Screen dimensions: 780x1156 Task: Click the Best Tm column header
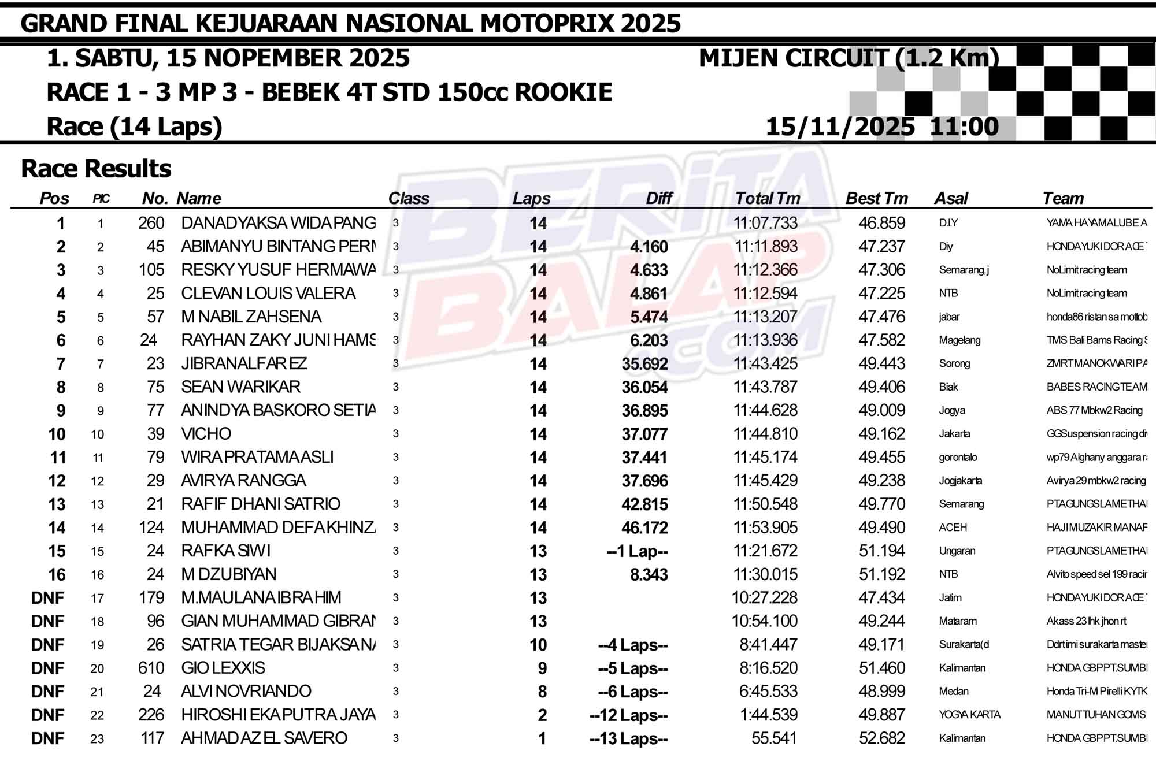tap(876, 199)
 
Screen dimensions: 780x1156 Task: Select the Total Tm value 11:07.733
tap(765, 223)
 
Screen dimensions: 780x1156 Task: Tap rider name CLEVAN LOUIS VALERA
tap(268, 294)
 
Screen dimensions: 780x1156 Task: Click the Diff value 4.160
tap(649, 247)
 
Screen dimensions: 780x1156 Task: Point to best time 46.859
tap(881, 223)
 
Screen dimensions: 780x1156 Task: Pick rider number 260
tap(151, 223)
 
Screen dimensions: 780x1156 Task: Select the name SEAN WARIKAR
tap(240, 387)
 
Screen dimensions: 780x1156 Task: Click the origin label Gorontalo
tap(958, 458)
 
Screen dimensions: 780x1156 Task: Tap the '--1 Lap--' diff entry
tap(637, 551)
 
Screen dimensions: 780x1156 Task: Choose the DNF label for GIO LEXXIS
tap(48, 668)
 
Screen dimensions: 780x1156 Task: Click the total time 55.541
tap(774, 738)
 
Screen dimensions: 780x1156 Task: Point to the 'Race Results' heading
tap(96, 169)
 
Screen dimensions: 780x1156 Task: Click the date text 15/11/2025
tap(840, 127)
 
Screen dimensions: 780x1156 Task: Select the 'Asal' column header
tap(951, 199)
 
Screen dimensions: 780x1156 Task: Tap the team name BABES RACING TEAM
tap(1096, 387)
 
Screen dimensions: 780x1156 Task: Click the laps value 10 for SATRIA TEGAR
tap(538, 645)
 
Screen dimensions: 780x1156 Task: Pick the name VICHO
tap(206, 434)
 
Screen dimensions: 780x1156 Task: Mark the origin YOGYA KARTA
tap(969, 715)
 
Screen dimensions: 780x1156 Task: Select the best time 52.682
tap(881, 738)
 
